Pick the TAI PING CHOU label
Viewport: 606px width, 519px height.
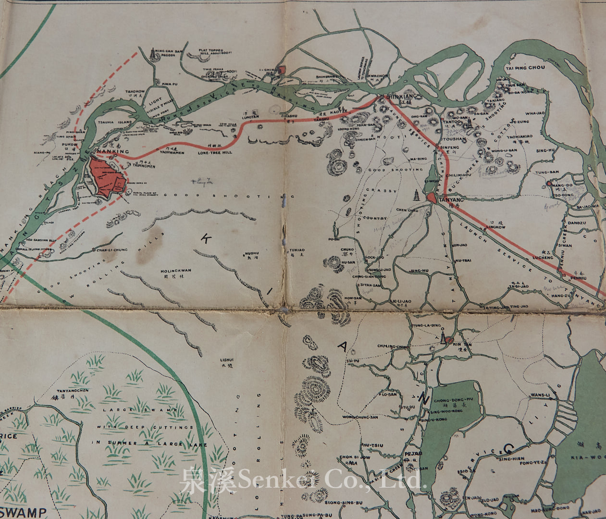click(x=524, y=68)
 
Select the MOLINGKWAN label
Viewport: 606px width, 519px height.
click(x=175, y=271)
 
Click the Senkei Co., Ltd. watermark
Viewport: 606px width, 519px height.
click(x=303, y=478)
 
